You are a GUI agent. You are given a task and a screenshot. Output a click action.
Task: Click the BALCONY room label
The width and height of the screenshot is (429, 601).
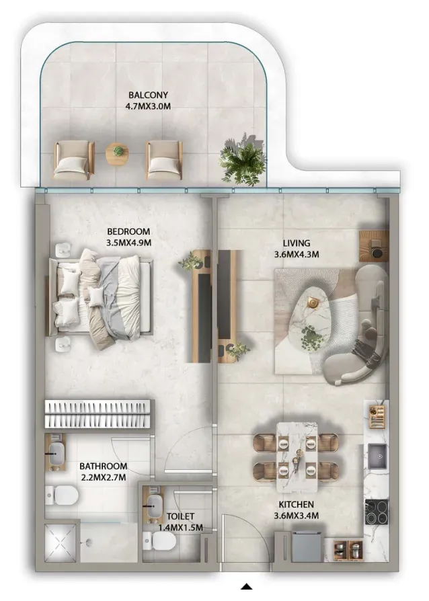click(148, 95)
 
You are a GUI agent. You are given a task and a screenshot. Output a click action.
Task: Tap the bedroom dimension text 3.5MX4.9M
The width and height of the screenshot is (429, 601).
click(128, 243)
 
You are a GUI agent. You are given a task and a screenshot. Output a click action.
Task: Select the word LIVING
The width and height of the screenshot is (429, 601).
click(297, 243)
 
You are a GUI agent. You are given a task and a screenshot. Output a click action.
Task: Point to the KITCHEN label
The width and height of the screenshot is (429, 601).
click(296, 504)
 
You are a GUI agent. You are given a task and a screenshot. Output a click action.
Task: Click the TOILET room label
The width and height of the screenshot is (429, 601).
click(180, 516)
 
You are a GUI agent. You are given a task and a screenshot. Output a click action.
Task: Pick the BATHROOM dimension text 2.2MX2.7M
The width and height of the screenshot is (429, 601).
click(103, 477)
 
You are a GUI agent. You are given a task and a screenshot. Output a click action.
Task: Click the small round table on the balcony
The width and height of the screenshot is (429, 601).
click(118, 154)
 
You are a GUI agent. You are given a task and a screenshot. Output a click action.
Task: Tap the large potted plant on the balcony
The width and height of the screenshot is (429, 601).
click(242, 158)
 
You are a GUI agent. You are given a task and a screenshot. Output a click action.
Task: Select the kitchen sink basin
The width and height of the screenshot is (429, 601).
click(379, 456)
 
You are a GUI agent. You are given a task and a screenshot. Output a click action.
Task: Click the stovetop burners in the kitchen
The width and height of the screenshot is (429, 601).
click(377, 512)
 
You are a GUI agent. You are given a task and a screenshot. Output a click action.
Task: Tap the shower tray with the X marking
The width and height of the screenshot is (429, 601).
click(61, 543)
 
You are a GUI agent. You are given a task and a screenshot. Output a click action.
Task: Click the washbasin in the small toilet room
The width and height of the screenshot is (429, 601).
click(153, 506)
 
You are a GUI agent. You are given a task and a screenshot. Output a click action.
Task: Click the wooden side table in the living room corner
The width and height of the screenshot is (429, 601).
click(374, 245)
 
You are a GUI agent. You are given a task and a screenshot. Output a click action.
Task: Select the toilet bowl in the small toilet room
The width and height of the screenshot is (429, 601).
click(159, 541)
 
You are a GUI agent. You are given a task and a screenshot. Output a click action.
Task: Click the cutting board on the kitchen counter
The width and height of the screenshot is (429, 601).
click(377, 416)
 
